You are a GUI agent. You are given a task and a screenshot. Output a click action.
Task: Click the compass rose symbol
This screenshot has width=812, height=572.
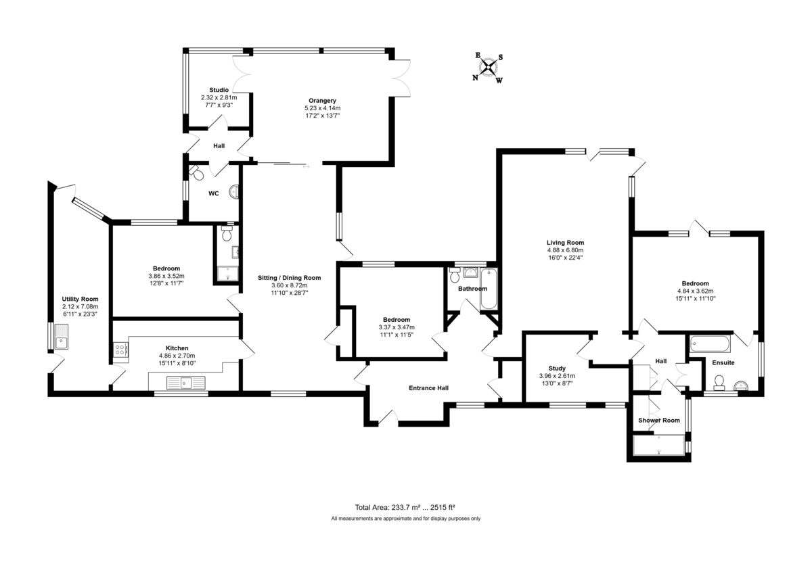pos(488,68)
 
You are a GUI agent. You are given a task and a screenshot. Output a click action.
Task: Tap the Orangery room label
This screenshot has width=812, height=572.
pos(322,101)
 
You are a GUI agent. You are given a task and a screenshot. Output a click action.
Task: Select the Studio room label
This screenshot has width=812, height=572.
pos(219,90)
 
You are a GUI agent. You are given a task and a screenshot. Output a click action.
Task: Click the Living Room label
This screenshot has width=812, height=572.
pos(565,243)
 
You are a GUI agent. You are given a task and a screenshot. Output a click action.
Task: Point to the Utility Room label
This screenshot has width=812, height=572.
pos(80,299)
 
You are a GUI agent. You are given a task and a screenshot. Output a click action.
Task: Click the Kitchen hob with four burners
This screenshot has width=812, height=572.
pos(120,350)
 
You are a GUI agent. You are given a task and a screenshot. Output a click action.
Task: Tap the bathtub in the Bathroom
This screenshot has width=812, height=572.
pos(489,289)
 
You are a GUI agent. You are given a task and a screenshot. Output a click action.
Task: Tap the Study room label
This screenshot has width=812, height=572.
pos(557,368)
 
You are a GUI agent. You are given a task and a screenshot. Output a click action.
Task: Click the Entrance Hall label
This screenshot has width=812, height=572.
pos(428,388)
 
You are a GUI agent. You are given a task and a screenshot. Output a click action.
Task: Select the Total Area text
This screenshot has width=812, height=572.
pos(405,507)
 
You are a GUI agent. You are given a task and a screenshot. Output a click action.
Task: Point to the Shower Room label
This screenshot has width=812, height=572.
pos(659,421)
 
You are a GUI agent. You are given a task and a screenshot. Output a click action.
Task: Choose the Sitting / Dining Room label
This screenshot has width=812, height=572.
pos(289,278)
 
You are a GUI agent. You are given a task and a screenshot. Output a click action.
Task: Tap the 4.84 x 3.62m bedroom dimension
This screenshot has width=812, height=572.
pos(695,291)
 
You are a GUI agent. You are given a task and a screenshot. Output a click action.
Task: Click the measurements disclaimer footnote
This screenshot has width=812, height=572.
pos(405,519)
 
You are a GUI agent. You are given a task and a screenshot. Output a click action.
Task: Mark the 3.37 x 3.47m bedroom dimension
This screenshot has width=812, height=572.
pos(396,327)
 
